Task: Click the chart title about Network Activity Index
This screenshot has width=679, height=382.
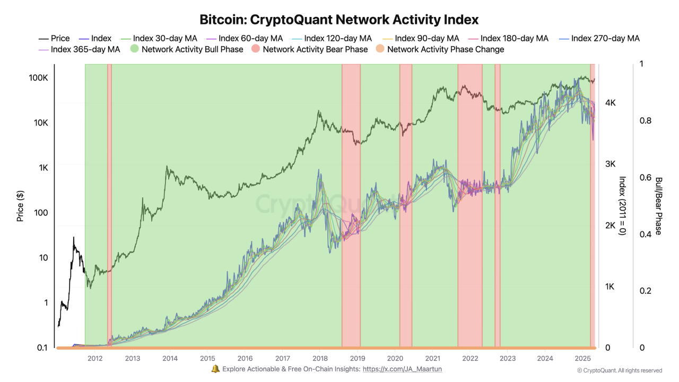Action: [x=339, y=20]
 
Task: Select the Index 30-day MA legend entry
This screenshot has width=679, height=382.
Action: [x=159, y=38]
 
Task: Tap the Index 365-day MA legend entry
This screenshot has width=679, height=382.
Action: [x=79, y=49]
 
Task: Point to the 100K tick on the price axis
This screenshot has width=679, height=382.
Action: [x=39, y=78]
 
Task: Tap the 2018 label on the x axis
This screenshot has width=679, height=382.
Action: [x=320, y=358]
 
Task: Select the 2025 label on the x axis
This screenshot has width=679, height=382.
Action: [x=582, y=358]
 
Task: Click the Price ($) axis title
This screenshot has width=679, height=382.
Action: [x=20, y=206]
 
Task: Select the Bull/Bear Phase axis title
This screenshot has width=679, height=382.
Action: [x=659, y=206]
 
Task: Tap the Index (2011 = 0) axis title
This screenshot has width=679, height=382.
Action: [x=623, y=206]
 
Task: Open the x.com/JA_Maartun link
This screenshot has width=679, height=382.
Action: [x=402, y=369]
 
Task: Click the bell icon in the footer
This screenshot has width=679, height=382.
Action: [x=215, y=369]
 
